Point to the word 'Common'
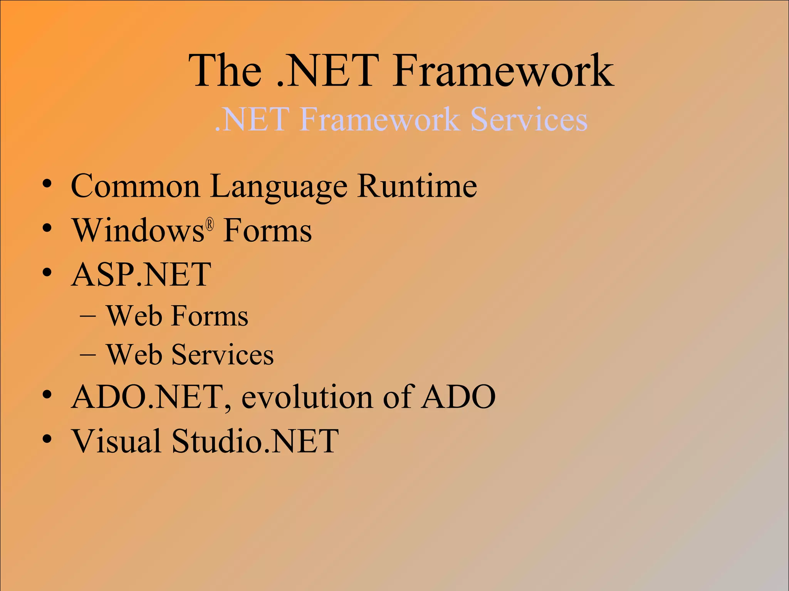pyautogui.click(x=135, y=186)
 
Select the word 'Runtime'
pyautogui.click(x=417, y=186)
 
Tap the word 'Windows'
pyautogui.click(x=139, y=230)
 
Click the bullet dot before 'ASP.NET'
pyautogui.click(x=47, y=273)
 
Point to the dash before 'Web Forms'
pyautogui.click(x=88, y=316)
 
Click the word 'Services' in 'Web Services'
pyautogui.click(x=222, y=354)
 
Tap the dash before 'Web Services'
pyautogui.click(x=88, y=355)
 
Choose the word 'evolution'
pyautogui.click(x=307, y=397)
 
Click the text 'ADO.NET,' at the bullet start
pyautogui.click(x=151, y=397)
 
